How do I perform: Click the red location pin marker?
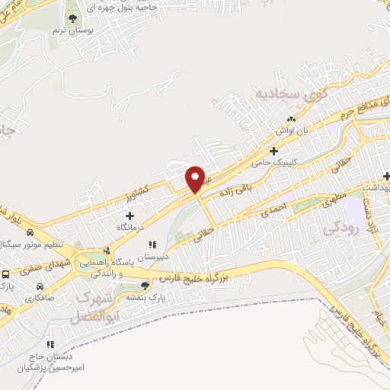[x=196, y=179]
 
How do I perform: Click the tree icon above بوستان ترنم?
[x=72, y=18]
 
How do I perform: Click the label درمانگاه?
[x=129, y=227]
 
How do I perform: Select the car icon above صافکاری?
[x=39, y=286]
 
